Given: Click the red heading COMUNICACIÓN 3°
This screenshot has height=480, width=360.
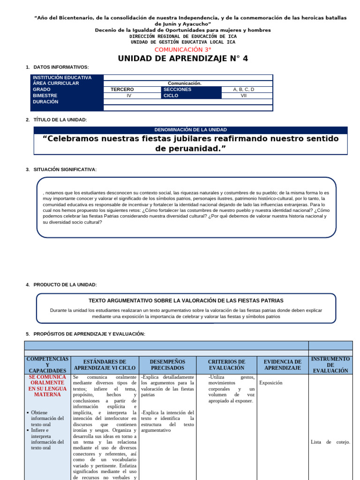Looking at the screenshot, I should coord(183,49).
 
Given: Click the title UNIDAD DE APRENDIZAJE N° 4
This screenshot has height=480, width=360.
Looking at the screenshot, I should coord(183,59).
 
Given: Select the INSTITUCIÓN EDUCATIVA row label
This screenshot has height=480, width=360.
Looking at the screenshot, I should coord(61,78).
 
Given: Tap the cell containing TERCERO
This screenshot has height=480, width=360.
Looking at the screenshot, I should coord(122,89).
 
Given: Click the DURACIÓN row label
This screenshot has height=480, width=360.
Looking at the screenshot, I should coord(46,101).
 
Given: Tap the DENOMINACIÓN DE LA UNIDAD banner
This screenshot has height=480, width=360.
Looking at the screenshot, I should coord(190,130).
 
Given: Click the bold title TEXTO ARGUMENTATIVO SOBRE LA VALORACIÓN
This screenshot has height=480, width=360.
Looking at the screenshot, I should coord(186,300).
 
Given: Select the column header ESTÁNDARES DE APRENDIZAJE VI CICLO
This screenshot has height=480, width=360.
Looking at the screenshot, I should coord(104,365).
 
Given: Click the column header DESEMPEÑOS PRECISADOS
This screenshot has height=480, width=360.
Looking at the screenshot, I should coord(167,365).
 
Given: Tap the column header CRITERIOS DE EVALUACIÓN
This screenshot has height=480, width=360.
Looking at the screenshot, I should coord(226,365).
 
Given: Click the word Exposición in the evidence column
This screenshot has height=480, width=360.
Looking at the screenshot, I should coord(271,382).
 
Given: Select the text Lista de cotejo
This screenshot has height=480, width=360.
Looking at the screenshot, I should coord(330,442).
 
